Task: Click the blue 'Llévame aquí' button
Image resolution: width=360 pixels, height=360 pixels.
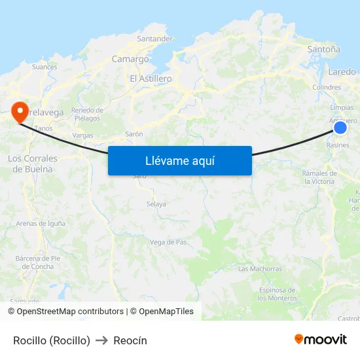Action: (180, 160)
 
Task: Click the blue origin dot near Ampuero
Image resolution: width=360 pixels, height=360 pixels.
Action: (340, 128)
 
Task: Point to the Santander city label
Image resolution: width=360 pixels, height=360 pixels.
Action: (155, 39)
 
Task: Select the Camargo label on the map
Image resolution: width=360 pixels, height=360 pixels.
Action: (130, 59)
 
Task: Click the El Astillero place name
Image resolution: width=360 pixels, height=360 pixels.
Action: (151, 79)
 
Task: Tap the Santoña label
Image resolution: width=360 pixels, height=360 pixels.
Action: (323, 49)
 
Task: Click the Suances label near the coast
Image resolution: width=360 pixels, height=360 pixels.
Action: (45, 67)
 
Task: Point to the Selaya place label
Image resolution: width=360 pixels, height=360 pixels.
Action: (156, 204)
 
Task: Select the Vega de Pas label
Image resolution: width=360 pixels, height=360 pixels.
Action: (169, 242)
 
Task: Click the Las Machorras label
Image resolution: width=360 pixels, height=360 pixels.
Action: (260, 269)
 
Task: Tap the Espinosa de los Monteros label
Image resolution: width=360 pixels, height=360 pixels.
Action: (277, 294)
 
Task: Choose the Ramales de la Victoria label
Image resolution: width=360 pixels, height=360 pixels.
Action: (319, 177)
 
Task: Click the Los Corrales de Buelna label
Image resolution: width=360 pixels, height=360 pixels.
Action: (33, 164)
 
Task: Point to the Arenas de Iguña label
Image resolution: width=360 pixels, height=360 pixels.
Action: (41, 223)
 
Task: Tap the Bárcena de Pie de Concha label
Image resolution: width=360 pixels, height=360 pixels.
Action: (38, 262)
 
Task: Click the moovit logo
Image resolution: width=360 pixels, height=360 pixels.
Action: (321, 339)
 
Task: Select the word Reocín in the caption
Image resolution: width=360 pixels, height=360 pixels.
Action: (130, 340)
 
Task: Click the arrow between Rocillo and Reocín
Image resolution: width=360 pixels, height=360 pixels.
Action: (101, 340)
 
